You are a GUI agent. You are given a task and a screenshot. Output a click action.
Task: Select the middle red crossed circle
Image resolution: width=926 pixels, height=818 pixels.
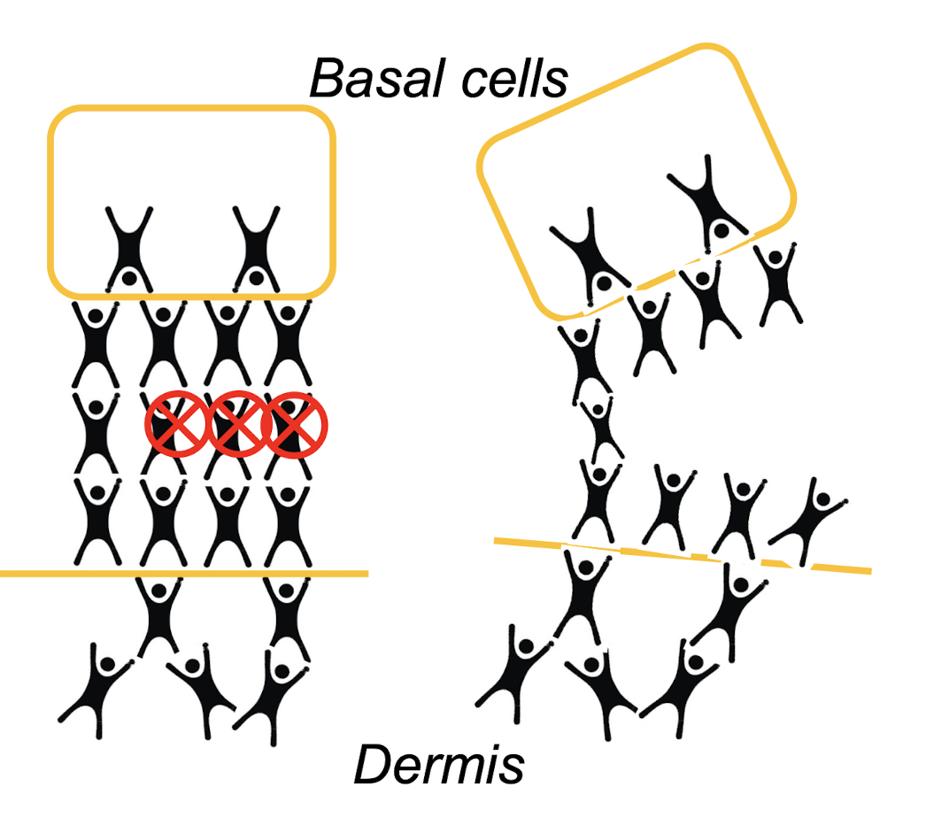pyautogui.click(x=235, y=427)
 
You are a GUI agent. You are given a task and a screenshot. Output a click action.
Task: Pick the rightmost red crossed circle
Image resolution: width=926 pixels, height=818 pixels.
pyautogui.click(x=297, y=427)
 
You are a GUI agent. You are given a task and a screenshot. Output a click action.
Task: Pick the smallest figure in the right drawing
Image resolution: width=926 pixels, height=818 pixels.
pyautogui.click(x=602, y=429)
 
